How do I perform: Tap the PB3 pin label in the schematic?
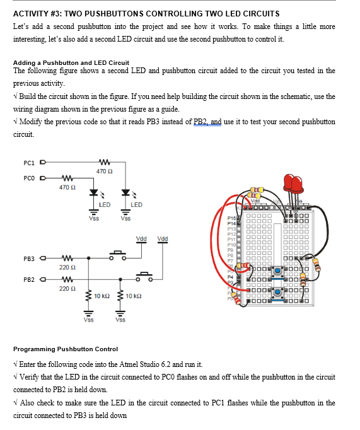(x=29, y=258)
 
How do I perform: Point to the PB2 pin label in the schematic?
(x=29, y=279)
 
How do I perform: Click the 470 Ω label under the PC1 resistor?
(x=105, y=171)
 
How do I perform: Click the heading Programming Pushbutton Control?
(x=66, y=349)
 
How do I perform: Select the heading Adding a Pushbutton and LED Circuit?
(x=71, y=62)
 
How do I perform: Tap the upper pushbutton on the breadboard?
(x=277, y=270)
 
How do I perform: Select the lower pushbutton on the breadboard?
(x=277, y=293)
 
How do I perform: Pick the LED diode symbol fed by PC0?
(x=93, y=192)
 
